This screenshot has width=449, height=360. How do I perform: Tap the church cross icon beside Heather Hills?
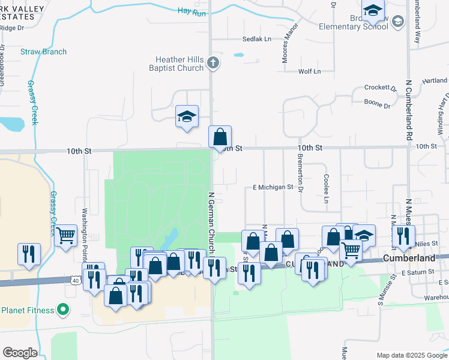coord(213,62)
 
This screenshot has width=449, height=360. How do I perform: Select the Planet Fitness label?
coord(28,310)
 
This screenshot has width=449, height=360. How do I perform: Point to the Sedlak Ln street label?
coord(256,39)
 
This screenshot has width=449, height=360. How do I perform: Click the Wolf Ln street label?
coord(310,71)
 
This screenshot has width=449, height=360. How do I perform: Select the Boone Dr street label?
coord(378,104)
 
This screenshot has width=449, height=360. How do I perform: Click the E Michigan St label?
coord(273,187)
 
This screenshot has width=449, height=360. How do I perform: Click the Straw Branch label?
coord(44,52)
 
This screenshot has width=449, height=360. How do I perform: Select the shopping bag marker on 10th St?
coord(220,136)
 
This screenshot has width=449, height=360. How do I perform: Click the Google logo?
coord(20,353)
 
